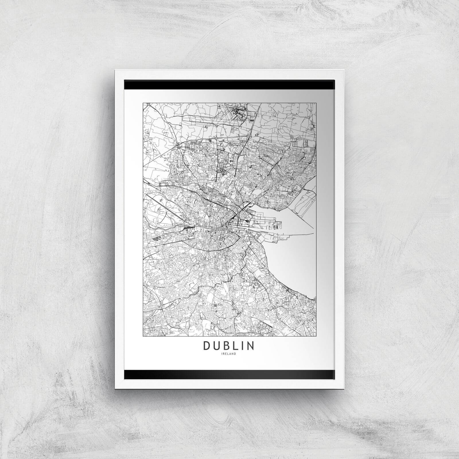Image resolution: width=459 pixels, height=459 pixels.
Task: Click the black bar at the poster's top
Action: tap(229, 85)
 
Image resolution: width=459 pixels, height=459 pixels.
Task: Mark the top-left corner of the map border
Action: tap(143, 103)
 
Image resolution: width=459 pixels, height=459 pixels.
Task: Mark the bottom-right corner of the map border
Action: tap(316, 336)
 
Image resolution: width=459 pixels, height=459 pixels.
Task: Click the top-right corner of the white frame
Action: tap(344, 70)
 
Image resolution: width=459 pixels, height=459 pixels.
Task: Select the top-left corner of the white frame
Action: tap(115, 70)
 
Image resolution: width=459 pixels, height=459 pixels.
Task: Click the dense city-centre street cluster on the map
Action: tap(218, 221)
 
